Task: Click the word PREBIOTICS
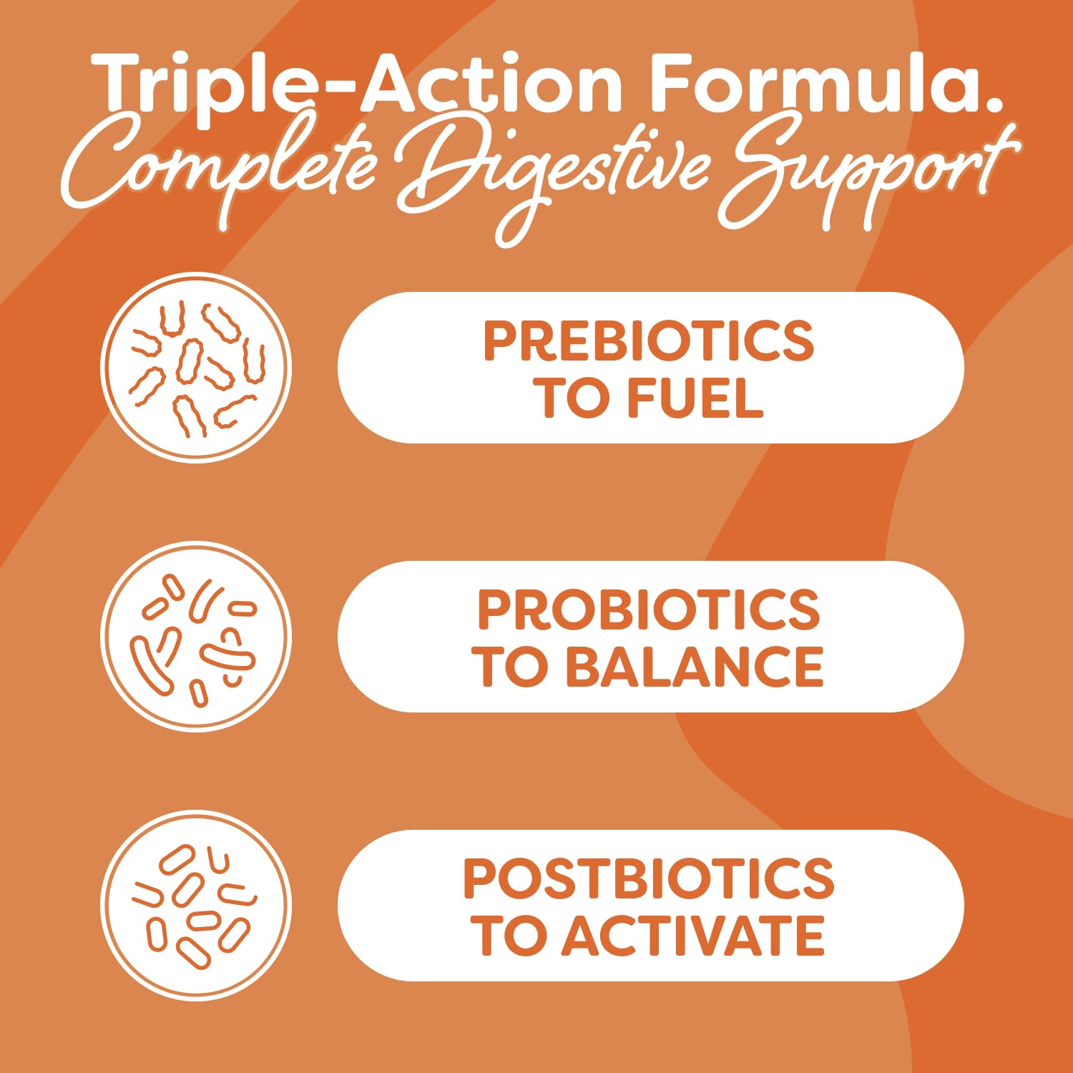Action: pos(649,340)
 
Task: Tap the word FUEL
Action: pos(695,398)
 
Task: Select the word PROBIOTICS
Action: pos(649,610)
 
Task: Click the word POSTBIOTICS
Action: pos(649,878)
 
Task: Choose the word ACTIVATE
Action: pos(692,936)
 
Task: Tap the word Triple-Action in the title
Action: pos(358,86)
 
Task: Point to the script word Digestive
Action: pos(551,175)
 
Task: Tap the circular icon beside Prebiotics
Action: pos(196,368)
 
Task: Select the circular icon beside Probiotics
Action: pos(196,637)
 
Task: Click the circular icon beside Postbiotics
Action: pos(196,906)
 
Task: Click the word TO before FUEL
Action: pos(572,398)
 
